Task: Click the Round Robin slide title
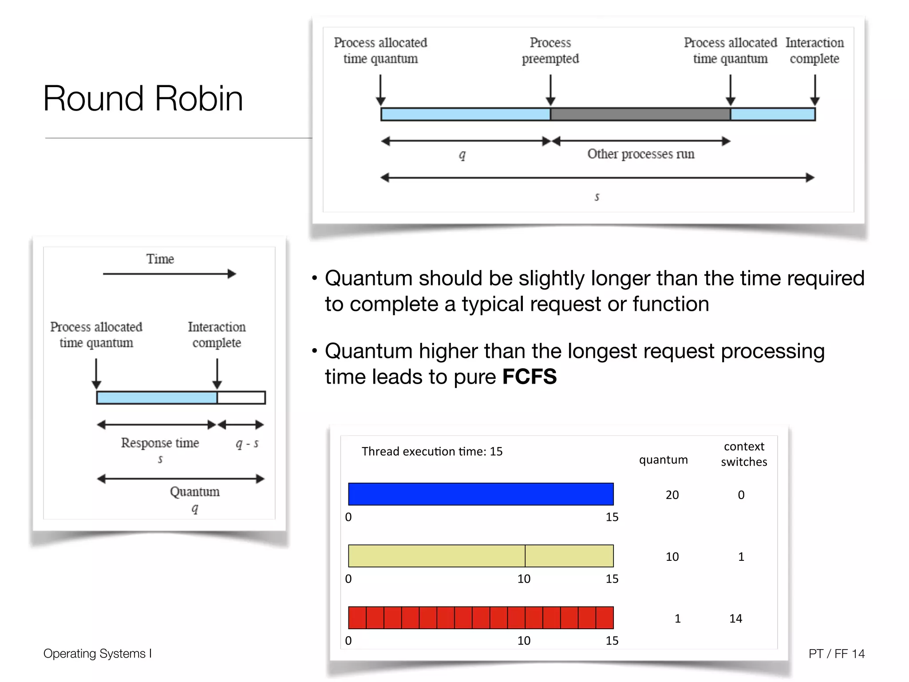143,98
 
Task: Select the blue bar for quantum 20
481,494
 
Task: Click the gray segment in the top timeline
640,114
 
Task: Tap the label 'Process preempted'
550,51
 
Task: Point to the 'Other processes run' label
640,154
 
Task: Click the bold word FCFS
529,377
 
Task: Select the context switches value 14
735,619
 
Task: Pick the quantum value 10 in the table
672,557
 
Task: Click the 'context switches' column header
744,454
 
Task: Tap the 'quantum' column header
663,460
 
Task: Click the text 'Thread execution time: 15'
432,452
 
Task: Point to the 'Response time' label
160,443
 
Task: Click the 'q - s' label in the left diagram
247,443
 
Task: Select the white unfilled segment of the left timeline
241,397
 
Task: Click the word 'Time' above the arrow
160,259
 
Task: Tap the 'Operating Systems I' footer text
98,654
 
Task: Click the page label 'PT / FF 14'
836,654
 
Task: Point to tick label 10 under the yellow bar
524,579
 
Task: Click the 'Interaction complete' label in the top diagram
814,51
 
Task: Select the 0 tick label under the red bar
348,640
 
